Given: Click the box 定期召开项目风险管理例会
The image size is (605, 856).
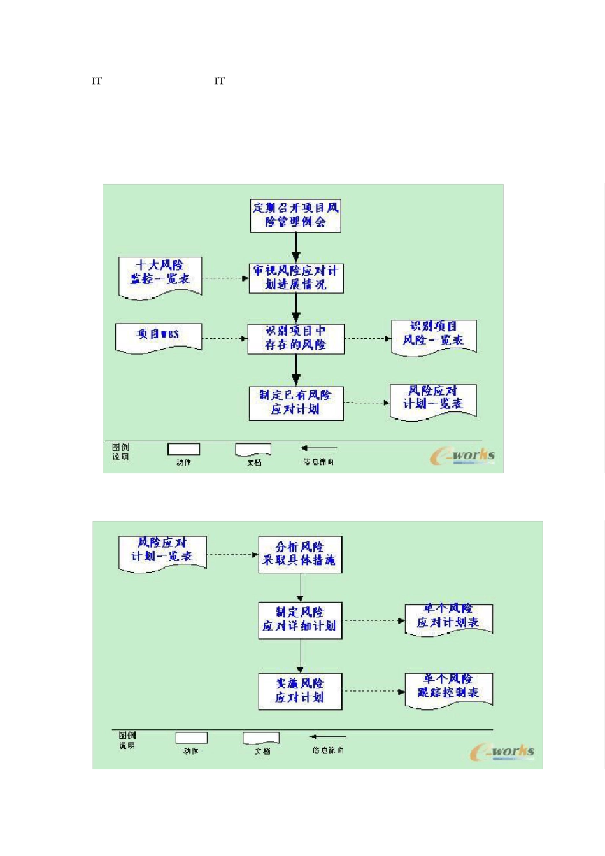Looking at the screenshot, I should point(295,215).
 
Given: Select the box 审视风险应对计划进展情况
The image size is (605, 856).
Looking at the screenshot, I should point(296,278).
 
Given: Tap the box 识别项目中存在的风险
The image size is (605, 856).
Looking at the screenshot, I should point(296,339).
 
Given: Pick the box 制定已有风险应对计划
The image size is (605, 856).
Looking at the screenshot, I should point(296,403).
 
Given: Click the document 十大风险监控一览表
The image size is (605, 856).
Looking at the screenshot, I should point(160,275).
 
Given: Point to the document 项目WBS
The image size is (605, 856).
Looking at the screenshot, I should point(158,336).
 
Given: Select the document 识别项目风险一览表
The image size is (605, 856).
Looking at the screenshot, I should point(434,335).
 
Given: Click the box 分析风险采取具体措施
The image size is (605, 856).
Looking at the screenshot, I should point(300,554).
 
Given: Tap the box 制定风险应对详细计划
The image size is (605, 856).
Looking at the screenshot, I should point(300,620).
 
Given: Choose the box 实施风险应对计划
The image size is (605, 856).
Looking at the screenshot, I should point(300,690).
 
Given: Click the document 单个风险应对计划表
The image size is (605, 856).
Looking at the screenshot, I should point(448,617).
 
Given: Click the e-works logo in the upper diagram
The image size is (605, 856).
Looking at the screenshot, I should point(462,455).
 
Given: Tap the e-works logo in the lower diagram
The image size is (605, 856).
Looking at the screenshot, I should point(502,752).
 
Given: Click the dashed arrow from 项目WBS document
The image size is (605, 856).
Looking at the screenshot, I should point(225,339).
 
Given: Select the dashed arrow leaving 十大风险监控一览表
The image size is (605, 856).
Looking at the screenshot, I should point(225,278).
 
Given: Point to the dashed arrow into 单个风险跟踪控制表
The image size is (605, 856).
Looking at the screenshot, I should point(373,691).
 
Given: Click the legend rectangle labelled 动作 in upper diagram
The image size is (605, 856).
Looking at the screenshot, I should point(183,449).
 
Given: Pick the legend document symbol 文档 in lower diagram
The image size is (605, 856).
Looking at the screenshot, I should point(261,738).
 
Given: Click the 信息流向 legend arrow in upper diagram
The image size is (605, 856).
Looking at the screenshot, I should point(319,448).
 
